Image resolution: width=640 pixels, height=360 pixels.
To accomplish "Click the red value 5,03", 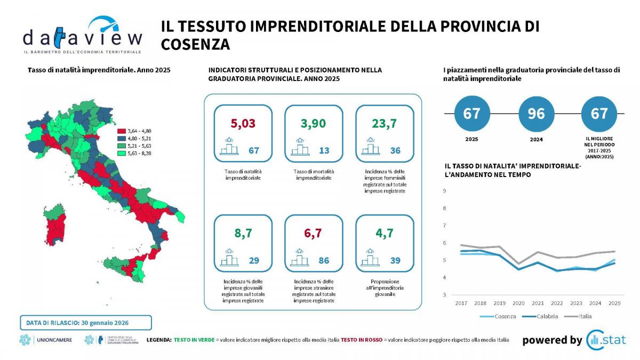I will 243,124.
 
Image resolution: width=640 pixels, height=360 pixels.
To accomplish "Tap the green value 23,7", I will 385,124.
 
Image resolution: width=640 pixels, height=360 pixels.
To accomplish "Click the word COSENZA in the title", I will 195,44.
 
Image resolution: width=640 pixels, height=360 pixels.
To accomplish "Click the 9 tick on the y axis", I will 444,191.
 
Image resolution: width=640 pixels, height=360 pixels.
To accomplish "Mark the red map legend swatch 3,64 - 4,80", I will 122,131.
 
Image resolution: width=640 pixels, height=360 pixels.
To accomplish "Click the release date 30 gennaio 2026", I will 106,323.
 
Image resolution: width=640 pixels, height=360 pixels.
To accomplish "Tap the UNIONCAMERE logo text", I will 54,340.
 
